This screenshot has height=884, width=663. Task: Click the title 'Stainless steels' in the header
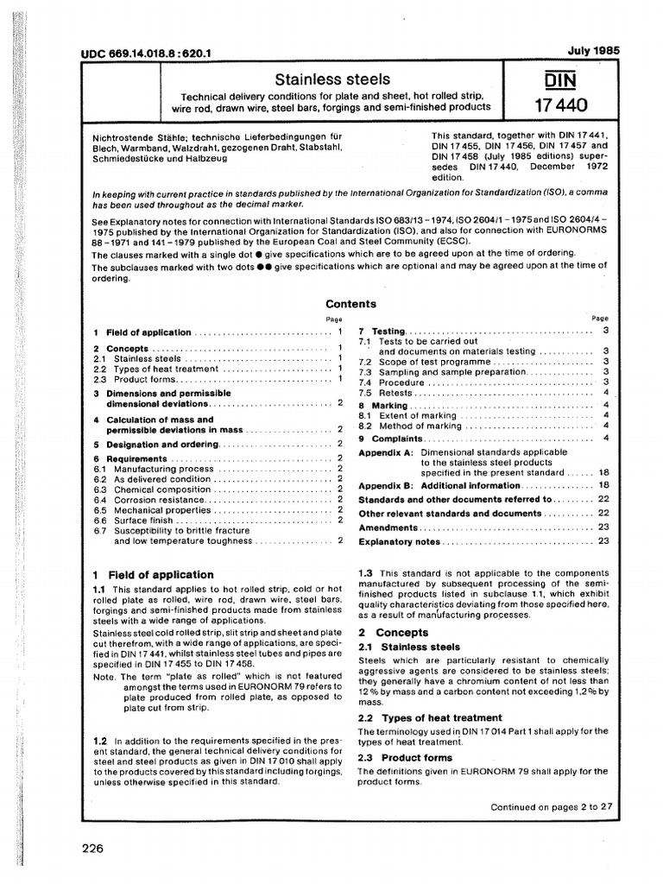[x=332, y=79]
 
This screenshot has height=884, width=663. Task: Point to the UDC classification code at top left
[x=148, y=54]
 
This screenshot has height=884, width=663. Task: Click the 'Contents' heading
[x=350, y=304]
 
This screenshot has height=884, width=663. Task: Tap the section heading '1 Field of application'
[x=153, y=574]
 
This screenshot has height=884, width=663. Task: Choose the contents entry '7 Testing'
[x=382, y=331]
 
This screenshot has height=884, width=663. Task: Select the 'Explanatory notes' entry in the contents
[x=399, y=541]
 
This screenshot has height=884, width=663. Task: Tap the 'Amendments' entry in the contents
[x=388, y=527]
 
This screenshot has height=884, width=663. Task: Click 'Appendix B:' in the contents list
[x=386, y=485]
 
